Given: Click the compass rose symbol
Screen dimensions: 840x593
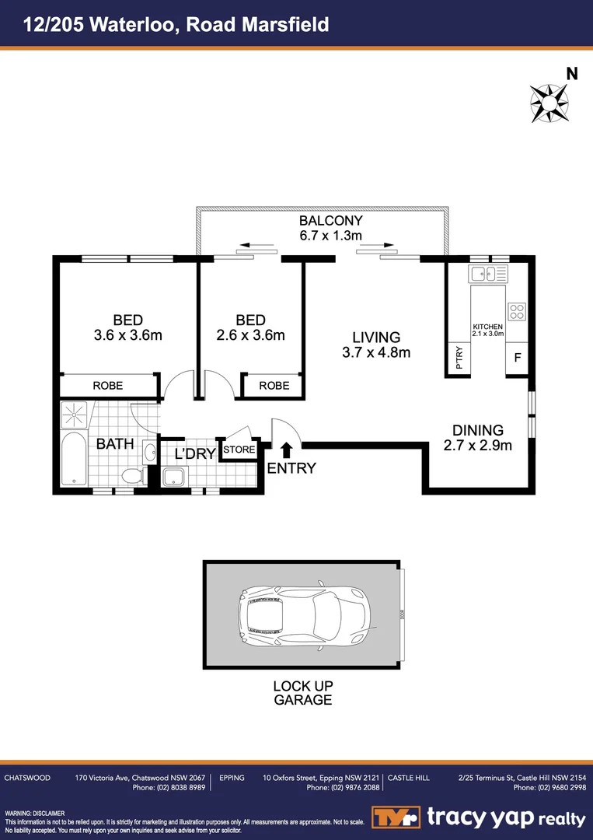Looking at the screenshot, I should [549, 103].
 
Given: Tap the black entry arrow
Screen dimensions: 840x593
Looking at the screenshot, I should [286, 450].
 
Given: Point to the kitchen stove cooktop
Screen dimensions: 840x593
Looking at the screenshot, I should [517, 311].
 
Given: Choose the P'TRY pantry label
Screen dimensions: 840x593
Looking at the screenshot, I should [459, 359].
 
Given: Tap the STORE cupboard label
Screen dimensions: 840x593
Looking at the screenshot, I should [239, 450].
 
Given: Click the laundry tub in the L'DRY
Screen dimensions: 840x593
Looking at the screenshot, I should [173, 476].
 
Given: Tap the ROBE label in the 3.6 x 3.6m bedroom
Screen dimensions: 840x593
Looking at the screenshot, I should [108, 385].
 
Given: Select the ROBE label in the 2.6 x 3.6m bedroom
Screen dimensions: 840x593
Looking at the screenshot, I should [274, 385].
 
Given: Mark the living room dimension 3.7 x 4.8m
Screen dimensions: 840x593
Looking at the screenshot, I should [376, 352].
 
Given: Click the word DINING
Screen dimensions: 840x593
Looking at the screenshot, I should [478, 429].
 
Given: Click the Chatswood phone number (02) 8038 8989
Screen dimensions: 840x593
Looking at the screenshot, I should [179, 788].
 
